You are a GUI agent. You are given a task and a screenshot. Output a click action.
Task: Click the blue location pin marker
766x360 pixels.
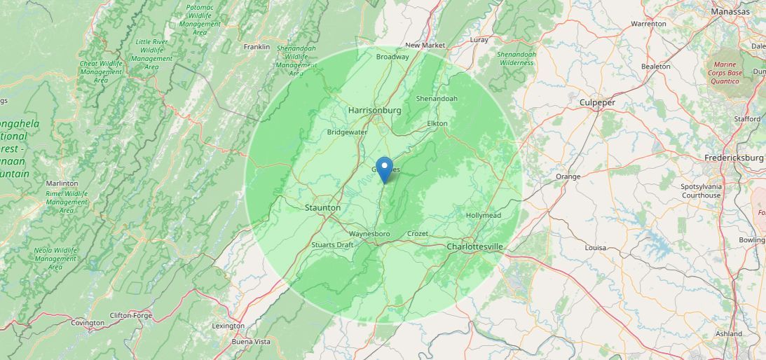click(384, 169)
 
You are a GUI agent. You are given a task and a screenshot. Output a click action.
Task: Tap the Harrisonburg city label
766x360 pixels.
click(375, 111)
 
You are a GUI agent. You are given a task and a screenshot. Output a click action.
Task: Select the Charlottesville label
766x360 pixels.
click(474, 247)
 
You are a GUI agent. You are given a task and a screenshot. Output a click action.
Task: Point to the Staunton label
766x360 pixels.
click(323, 208)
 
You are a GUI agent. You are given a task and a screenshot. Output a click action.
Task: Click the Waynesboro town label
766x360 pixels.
click(369, 234)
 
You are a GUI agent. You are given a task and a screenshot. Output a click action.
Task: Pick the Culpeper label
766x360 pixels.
click(597, 103)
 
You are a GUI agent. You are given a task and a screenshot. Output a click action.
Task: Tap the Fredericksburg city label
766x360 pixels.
click(735, 158)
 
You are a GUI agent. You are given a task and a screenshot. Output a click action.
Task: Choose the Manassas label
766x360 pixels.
click(730, 12)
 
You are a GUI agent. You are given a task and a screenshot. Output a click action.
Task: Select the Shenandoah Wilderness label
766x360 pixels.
click(517, 58)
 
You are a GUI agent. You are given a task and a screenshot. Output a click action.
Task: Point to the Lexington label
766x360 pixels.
click(228, 326)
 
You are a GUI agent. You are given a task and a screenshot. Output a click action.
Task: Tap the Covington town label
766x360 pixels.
click(88, 323)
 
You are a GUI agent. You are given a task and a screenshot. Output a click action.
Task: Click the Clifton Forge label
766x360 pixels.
click(131, 315)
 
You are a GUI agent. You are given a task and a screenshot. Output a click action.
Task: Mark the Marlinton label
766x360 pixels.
click(62, 184)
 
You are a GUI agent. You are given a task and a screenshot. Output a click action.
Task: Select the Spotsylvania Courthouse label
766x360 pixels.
click(701, 191)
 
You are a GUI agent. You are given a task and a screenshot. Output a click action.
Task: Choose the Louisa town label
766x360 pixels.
click(595, 248)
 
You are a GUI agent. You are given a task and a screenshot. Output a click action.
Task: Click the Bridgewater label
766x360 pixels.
click(347, 132)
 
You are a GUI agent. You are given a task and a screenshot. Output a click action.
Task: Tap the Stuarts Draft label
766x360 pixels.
click(333, 245)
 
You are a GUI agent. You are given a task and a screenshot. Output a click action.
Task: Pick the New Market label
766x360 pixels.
click(425, 46)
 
